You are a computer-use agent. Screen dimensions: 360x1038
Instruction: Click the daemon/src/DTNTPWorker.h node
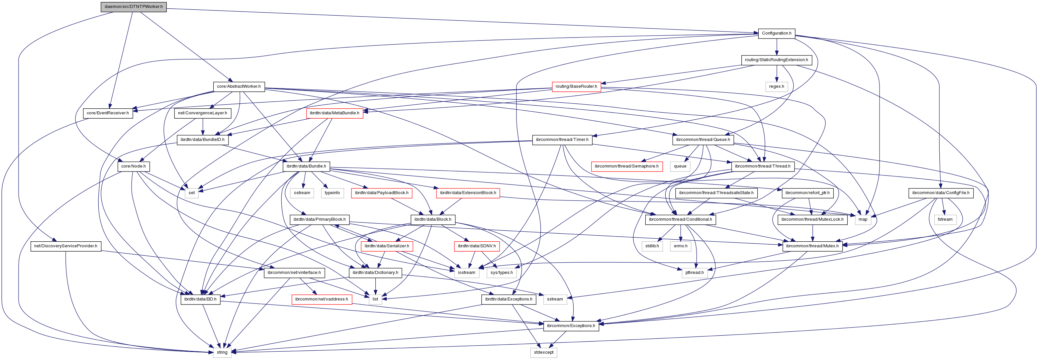pos(134,7)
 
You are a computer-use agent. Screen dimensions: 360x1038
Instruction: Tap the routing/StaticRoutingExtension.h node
pos(776,60)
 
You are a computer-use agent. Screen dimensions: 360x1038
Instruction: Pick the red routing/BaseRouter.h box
pos(576,87)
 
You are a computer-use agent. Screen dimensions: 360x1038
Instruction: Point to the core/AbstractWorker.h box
pos(238,87)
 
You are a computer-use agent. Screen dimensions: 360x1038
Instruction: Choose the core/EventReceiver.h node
pos(108,113)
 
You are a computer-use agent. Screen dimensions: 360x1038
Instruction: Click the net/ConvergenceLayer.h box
pos(203,113)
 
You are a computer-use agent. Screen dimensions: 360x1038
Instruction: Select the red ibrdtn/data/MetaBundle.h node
pos(334,113)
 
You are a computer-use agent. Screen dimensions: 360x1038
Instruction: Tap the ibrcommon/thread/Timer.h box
pos(562,140)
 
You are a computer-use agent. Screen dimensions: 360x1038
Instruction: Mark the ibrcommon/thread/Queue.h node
pos(703,140)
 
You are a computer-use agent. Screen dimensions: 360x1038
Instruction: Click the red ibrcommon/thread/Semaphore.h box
pos(626,166)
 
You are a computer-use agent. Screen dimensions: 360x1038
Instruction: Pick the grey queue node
pos(680,166)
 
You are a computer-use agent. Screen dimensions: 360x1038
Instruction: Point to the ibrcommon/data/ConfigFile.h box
pos(940,193)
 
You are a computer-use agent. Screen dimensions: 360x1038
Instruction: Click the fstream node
pos(945,219)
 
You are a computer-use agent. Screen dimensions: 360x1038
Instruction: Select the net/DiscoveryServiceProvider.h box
pos(66,246)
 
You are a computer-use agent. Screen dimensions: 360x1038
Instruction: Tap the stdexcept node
pos(544,352)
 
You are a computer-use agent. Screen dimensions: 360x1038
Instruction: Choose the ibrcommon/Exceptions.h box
pos(571,326)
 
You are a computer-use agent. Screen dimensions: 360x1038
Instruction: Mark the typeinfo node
pos(332,193)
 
